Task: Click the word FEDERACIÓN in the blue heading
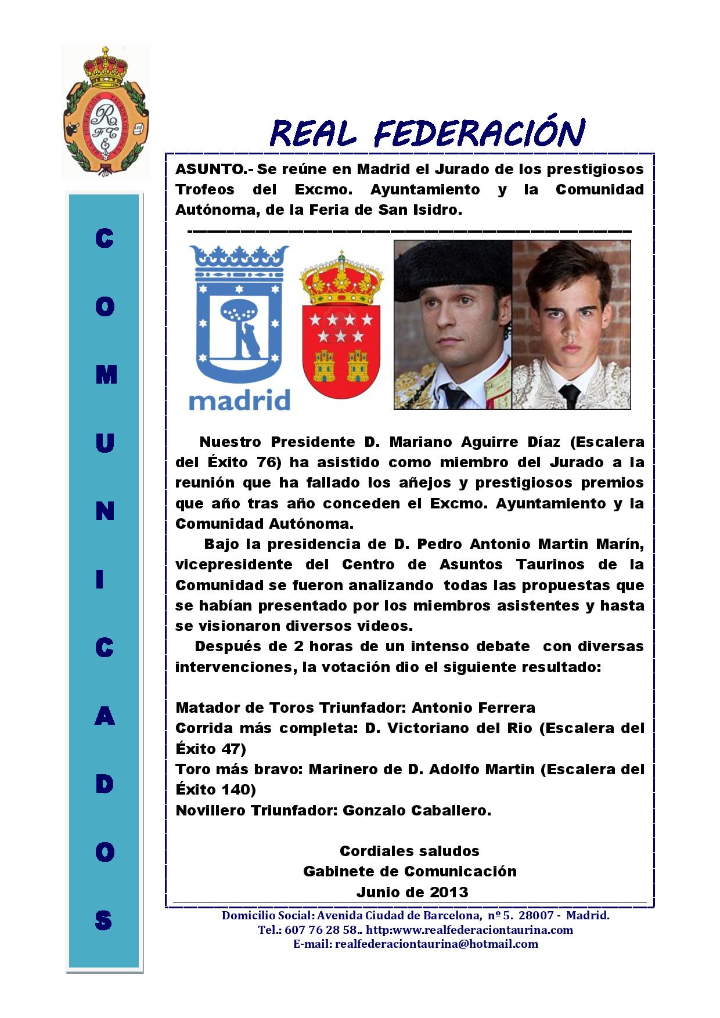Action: (478, 133)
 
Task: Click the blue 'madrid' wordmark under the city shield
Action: (239, 400)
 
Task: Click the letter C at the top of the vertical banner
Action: (104, 239)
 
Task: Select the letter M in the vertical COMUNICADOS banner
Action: (105, 376)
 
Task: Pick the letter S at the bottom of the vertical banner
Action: (104, 920)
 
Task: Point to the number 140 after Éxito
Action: (238, 790)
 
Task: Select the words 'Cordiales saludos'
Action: (409, 851)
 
